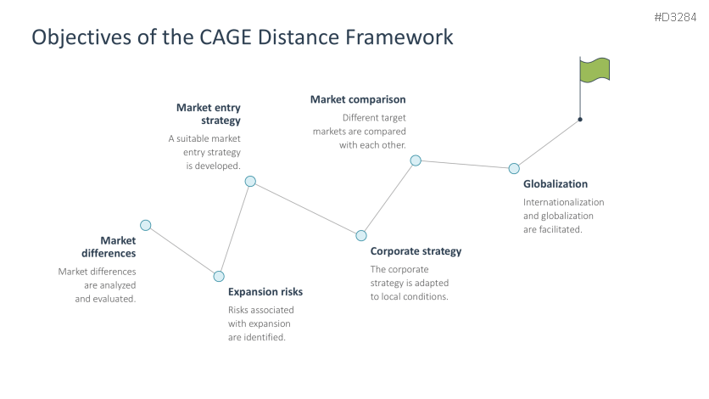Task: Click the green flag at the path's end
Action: [x=595, y=70]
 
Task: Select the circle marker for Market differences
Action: [x=146, y=225]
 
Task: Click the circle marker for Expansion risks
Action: [x=219, y=276]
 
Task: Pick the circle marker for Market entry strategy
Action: [x=250, y=181]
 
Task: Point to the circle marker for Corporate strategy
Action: [x=361, y=235]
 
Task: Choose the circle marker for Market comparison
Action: [x=416, y=160]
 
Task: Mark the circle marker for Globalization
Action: [x=514, y=168]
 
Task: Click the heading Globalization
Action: [x=555, y=184]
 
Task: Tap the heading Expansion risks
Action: [x=265, y=292]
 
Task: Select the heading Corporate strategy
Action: [x=416, y=251]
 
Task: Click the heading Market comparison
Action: [x=358, y=100]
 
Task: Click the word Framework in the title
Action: [x=399, y=37]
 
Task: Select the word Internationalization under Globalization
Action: [x=563, y=202]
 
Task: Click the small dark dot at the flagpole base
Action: [x=580, y=119]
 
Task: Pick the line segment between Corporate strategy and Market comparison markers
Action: [x=388, y=198]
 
